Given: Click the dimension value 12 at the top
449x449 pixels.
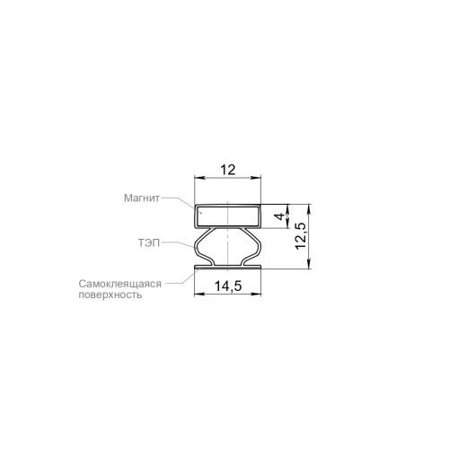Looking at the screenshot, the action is pos(228,170).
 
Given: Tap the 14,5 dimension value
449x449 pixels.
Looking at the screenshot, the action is pos(228,286).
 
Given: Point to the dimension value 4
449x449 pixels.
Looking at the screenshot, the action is pos(280,216).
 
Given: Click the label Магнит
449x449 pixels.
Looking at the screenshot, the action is pos(142,198).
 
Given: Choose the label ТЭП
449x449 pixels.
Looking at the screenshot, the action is pos(148,242).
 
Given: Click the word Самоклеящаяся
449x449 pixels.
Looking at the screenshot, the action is pos(120,284).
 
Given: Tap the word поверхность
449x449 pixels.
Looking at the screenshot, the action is pos(110,295).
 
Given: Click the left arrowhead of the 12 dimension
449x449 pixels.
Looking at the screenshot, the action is pos(199,178).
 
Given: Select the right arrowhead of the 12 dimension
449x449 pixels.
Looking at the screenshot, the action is pos(256,178).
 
